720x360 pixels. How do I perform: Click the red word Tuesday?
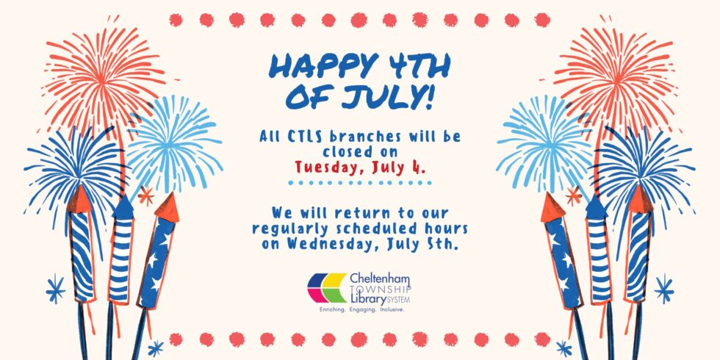click(x=325, y=168)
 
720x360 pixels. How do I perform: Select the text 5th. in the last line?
click(x=443, y=243)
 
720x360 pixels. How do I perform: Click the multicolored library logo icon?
click(x=327, y=288)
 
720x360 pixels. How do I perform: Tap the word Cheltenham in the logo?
click(x=379, y=279)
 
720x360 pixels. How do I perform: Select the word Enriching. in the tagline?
click(x=332, y=310)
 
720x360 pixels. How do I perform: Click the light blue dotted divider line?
click(x=359, y=183)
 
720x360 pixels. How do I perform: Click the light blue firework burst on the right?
click(x=544, y=143)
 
